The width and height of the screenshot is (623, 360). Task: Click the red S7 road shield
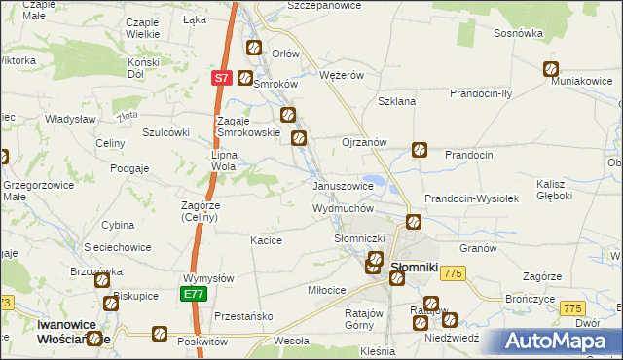pyautogui.click(x=221, y=78)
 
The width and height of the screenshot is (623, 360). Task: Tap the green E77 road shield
pyautogui.click(x=192, y=292)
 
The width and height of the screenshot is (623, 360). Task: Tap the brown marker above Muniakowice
pyautogui.click(x=550, y=69)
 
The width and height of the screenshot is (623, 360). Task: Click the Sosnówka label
pyautogui.click(x=518, y=33)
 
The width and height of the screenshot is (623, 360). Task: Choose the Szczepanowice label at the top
pyautogui.click(x=324, y=6)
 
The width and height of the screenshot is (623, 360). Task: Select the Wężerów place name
pyautogui.click(x=342, y=74)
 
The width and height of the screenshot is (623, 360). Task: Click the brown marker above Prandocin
pyautogui.click(x=419, y=150)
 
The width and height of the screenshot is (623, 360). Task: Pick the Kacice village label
pyautogui.click(x=266, y=240)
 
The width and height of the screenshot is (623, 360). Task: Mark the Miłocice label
pyautogui.click(x=327, y=290)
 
